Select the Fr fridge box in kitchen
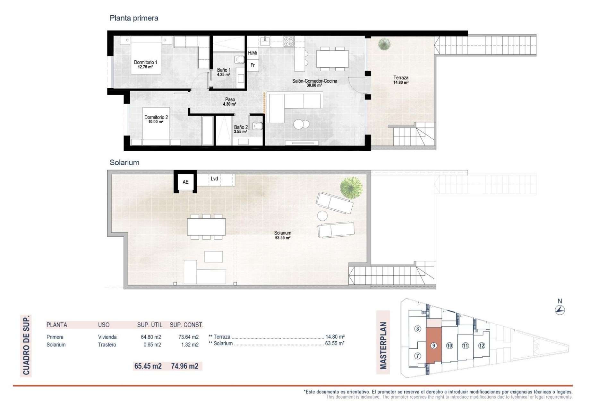pyautogui.click(x=253, y=65)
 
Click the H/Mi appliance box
pyautogui.click(x=252, y=53)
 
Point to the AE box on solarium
pyautogui.click(x=185, y=182)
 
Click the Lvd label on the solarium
pyautogui.click(x=214, y=179)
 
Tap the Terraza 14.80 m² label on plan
pyautogui.click(x=401, y=80)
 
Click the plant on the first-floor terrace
pyautogui.click(x=384, y=44)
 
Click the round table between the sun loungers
pyautogui.click(x=322, y=215)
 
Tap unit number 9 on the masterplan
pyautogui.click(x=434, y=345)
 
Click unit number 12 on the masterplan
pyautogui.click(x=482, y=346)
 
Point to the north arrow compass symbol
pyautogui.click(x=560, y=310)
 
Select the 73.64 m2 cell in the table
pyautogui.click(x=188, y=337)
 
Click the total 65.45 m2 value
pyautogui.click(x=148, y=366)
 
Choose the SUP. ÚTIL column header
pyautogui.click(x=150, y=325)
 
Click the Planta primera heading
pyautogui.click(x=134, y=18)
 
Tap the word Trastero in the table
pyautogui.click(x=107, y=345)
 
